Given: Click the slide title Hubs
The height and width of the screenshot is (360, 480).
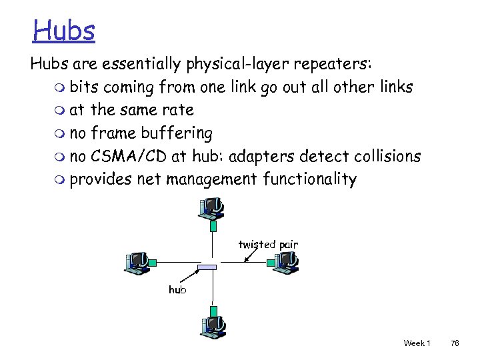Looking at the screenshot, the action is (65, 30).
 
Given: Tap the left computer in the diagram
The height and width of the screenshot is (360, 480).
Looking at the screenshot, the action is (138, 262).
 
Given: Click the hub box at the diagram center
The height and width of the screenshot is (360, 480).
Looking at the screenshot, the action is (207, 267).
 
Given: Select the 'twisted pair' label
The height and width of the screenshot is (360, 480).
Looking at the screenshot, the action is (268, 245).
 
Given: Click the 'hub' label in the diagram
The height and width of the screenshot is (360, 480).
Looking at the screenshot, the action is (177, 290).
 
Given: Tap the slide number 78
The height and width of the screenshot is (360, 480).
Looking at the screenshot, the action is (455, 343).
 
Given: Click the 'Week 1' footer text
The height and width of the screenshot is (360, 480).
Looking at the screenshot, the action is (417, 343).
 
